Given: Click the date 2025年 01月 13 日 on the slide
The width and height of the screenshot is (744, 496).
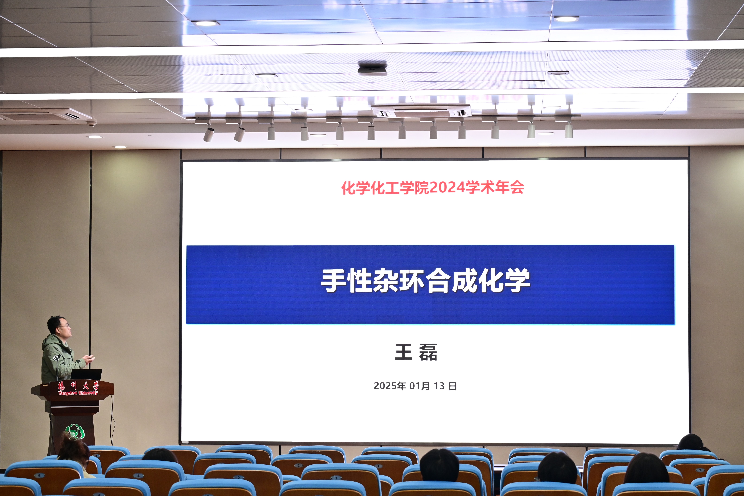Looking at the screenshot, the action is coord(415,386).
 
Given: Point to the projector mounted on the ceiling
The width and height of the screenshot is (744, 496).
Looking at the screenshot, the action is coord(372,68).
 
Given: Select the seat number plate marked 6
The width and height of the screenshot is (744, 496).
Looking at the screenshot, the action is coord(39,475).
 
